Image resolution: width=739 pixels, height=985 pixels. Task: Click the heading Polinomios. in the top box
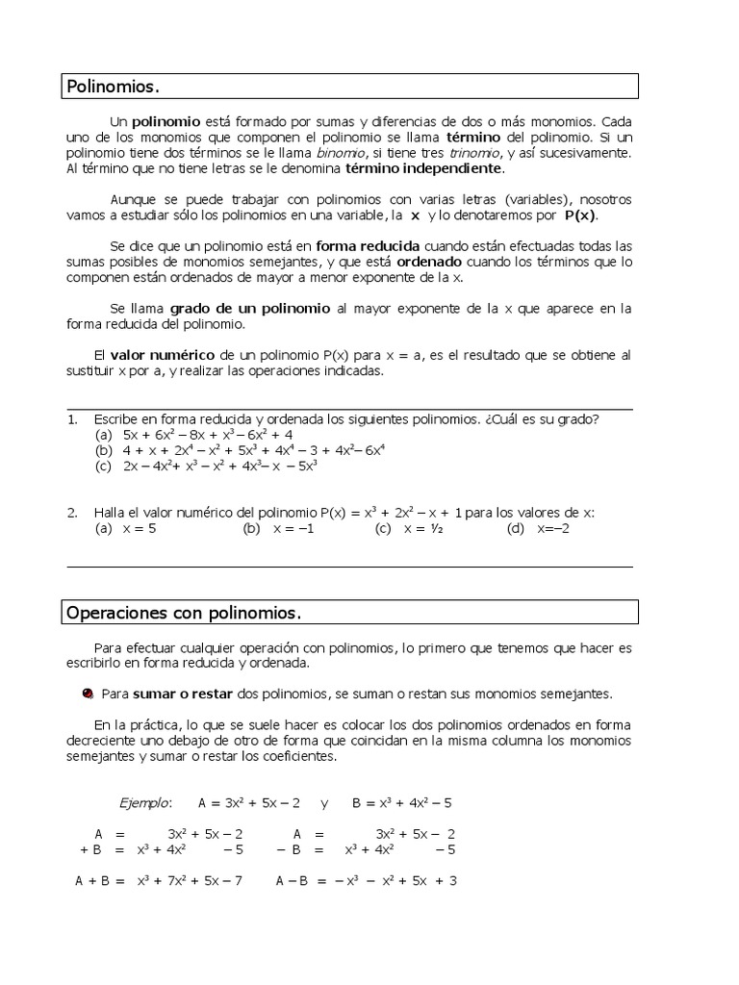pyautogui.click(x=113, y=88)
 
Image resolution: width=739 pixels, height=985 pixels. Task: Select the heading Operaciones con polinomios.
pyautogui.click(x=184, y=613)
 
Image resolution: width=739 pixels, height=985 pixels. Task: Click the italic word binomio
pyautogui.click(x=341, y=153)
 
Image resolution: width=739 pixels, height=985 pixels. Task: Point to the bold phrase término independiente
pyautogui.click(x=423, y=168)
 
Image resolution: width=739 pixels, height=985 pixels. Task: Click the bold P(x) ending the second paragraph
pyautogui.click(x=580, y=215)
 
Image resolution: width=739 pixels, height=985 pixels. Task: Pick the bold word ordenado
pyautogui.click(x=430, y=261)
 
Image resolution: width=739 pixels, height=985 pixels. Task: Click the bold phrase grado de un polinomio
pyautogui.click(x=250, y=309)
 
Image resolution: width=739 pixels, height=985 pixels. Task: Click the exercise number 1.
pyautogui.click(x=72, y=418)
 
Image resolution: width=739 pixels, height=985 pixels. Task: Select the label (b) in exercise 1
pyautogui.click(x=104, y=450)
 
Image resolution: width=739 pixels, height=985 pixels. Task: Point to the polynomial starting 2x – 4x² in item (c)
pyautogui.click(x=220, y=466)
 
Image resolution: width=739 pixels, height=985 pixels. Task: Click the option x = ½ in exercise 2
pyautogui.click(x=422, y=528)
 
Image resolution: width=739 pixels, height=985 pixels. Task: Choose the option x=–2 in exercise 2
pyautogui.click(x=553, y=528)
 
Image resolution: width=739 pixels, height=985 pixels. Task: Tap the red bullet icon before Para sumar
pyautogui.click(x=88, y=694)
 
